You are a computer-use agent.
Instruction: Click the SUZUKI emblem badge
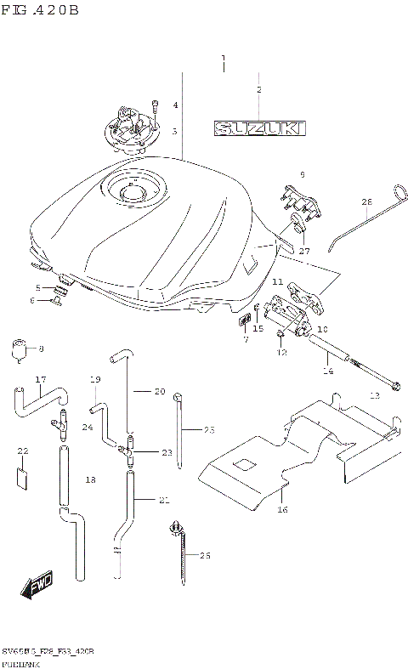(x=259, y=128)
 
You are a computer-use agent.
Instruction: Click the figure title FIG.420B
(x=40, y=11)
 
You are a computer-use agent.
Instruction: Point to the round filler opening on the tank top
(x=133, y=191)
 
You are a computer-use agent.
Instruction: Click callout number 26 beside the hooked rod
(x=367, y=202)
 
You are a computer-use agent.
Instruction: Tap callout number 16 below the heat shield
(x=282, y=509)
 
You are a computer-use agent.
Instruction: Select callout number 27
(x=304, y=251)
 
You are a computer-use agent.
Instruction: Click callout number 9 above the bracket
(x=301, y=174)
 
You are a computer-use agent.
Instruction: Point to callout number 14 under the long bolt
(x=327, y=371)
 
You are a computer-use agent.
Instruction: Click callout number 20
(x=159, y=391)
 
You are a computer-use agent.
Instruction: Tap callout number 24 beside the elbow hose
(x=87, y=427)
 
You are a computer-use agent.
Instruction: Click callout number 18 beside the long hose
(x=91, y=480)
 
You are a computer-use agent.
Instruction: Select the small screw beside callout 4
(x=156, y=108)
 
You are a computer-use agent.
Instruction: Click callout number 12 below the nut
(x=281, y=352)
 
